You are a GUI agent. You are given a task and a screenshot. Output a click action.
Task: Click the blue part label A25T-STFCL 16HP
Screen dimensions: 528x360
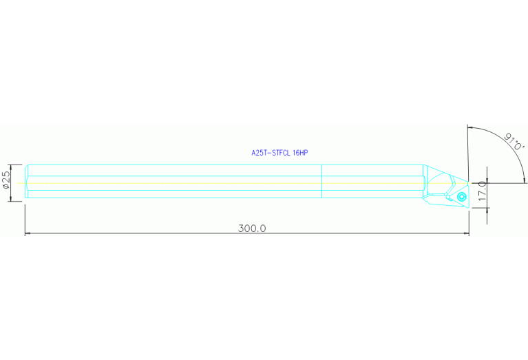tap(279, 153)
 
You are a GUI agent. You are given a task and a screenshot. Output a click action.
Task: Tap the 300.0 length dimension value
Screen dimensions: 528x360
tap(252, 229)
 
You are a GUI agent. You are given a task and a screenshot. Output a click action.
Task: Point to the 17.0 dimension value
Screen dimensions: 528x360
tap(483, 191)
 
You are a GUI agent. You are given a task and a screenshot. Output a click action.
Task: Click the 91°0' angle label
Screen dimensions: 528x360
tap(515, 141)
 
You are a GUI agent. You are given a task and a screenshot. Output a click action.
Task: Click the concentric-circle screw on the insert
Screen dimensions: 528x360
tap(461, 196)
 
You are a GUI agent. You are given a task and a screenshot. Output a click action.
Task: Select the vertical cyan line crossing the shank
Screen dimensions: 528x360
tap(322, 181)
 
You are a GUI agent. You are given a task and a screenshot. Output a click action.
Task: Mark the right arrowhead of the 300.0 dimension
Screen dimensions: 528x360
tap(466, 233)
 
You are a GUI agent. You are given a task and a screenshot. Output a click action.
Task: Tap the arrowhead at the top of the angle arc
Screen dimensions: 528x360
tap(471, 128)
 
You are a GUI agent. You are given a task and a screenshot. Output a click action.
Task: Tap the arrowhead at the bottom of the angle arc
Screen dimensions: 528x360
tap(523, 180)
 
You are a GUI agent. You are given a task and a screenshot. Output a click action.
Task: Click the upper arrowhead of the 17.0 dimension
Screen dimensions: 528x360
tap(487, 180)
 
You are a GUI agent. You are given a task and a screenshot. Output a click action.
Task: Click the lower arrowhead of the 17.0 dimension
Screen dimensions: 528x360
tap(487, 211)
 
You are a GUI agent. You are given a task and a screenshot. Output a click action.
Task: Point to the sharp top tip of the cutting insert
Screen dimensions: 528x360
tap(468, 182)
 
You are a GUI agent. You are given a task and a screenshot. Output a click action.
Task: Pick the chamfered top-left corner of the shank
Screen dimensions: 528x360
tap(27, 166)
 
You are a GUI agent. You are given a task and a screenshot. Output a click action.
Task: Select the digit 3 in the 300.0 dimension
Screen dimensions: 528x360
tap(241, 229)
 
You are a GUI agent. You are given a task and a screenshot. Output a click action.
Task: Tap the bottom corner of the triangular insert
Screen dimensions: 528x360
tap(467, 207)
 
